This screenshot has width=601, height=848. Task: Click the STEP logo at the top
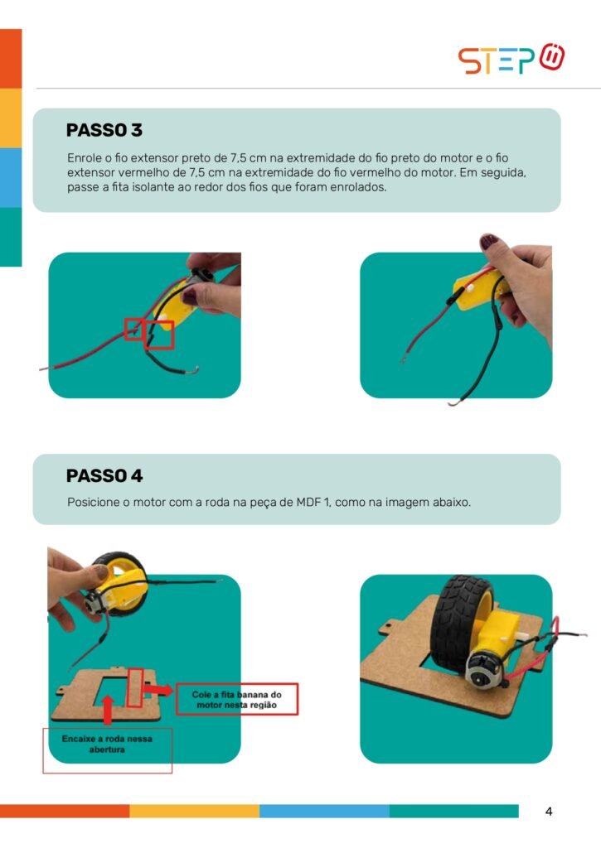pyautogui.click(x=511, y=59)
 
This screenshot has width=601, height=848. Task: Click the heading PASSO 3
pyautogui.click(x=104, y=130)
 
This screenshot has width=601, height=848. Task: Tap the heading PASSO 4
pyautogui.click(x=104, y=476)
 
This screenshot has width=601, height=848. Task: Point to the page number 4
pyautogui.click(x=549, y=812)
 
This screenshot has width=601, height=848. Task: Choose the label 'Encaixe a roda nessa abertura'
pyautogui.click(x=107, y=744)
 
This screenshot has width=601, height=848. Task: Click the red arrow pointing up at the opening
pyautogui.click(x=108, y=710)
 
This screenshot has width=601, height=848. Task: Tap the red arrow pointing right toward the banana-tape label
pyautogui.click(x=158, y=690)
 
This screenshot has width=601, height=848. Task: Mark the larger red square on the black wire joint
pyautogui.click(x=160, y=335)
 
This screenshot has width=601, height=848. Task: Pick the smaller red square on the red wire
pyautogui.click(x=133, y=330)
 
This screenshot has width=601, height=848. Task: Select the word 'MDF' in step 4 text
pyautogui.click(x=308, y=502)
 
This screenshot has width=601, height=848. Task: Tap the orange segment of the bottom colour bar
pyautogui.click(x=65, y=811)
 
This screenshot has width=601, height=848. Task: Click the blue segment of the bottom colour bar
pyautogui.click(x=324, y=811)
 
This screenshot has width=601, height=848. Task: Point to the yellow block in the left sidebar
pyautogui.click(x=11, y=118)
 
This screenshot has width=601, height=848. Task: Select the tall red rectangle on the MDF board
pyautogui.click(x=135, y=688)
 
